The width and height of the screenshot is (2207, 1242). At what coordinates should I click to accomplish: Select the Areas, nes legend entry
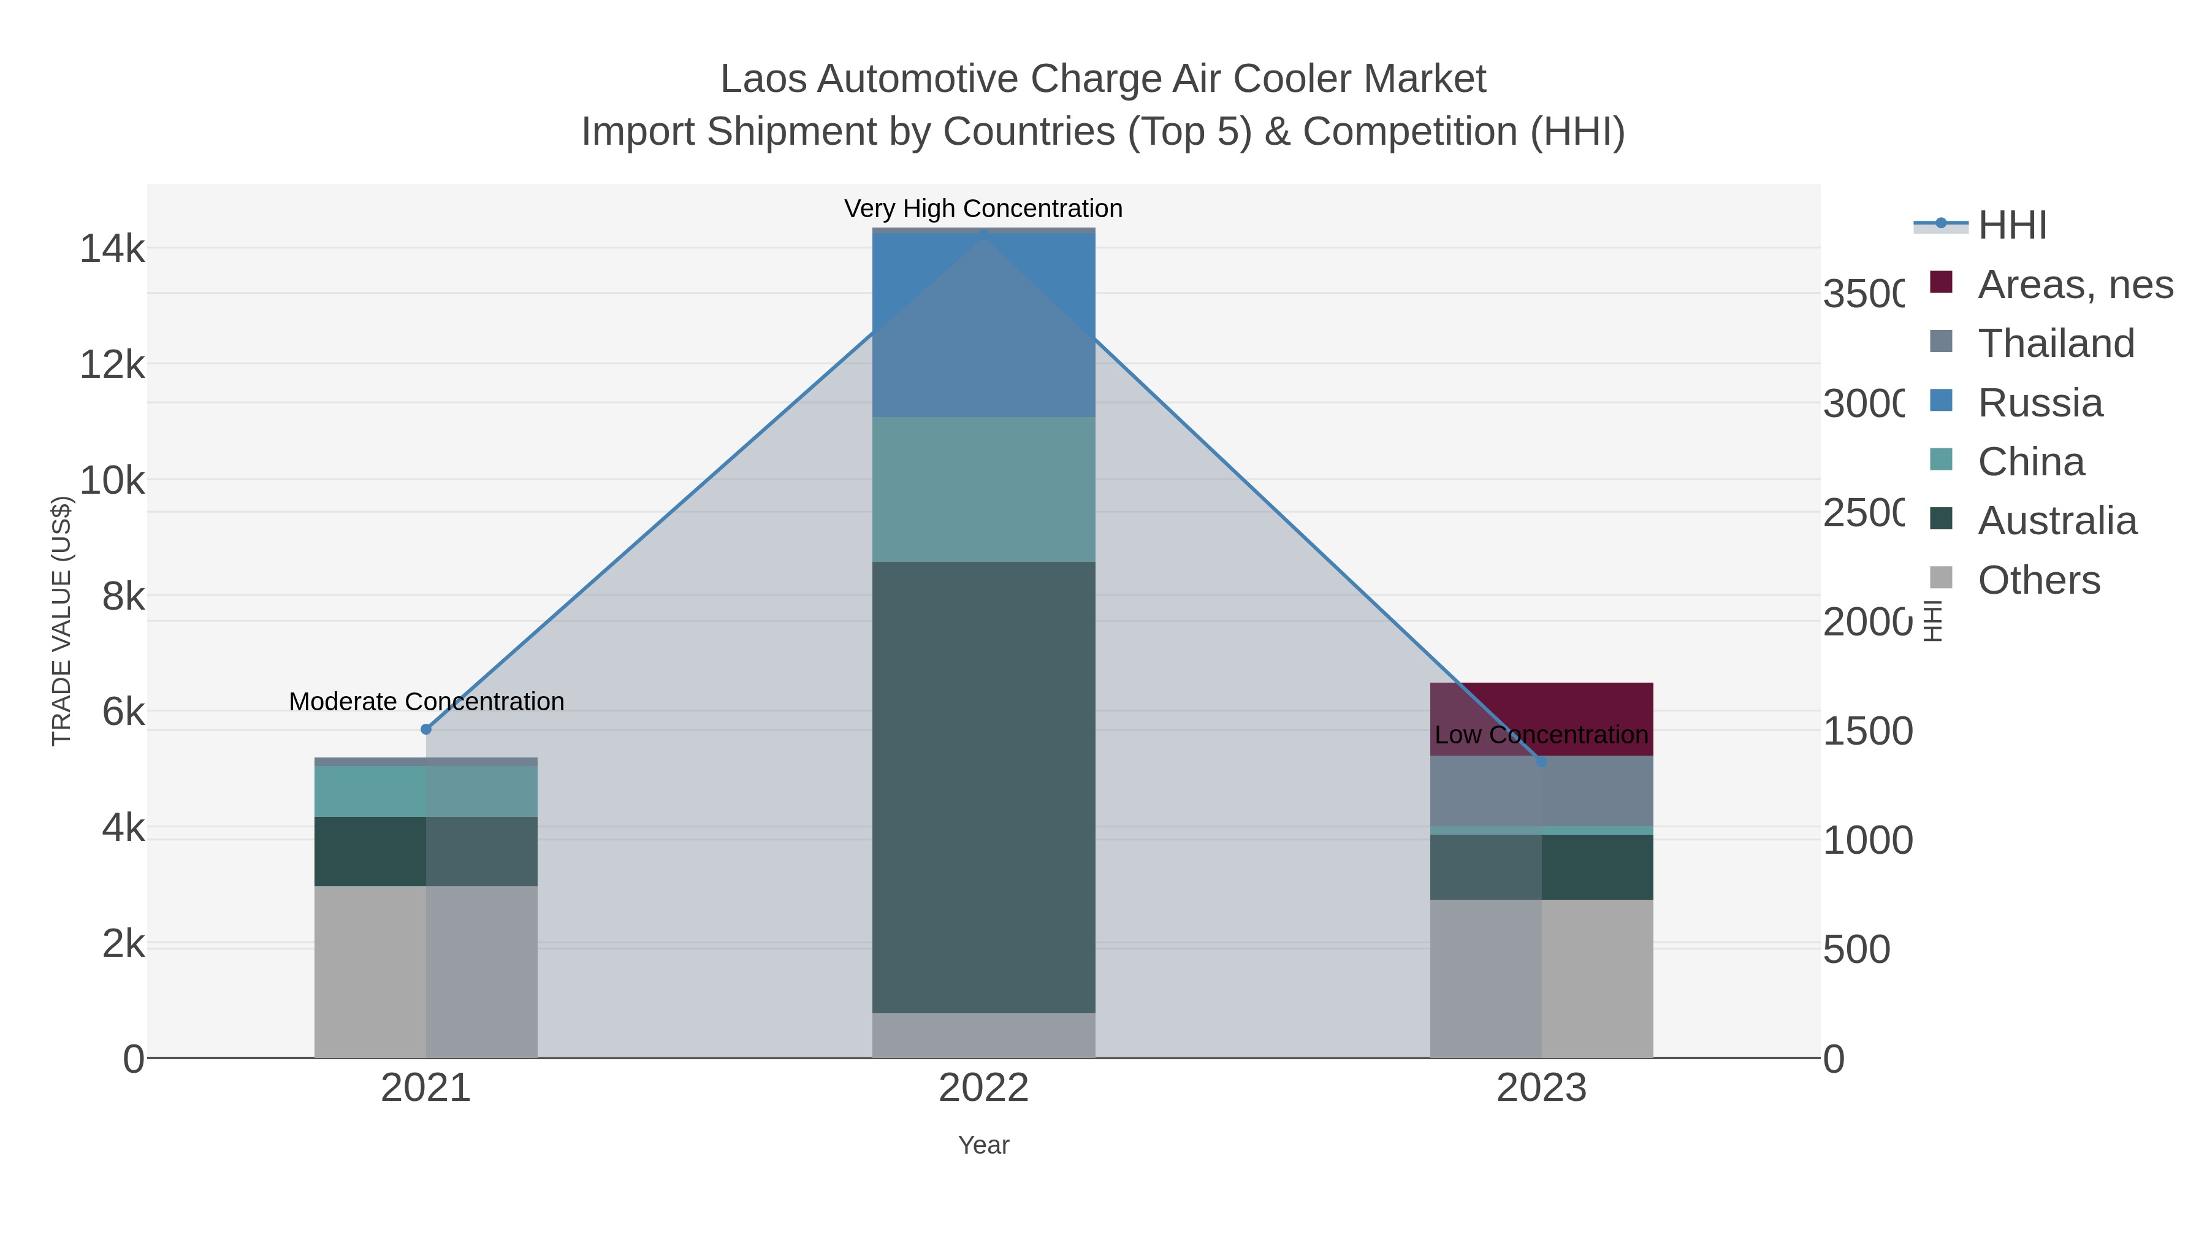click(x=2074, y=285)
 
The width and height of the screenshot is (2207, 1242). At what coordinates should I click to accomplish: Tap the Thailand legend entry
click(x=2056, y=343)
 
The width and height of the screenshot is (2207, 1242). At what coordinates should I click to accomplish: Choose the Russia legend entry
click(x=2039, y=403)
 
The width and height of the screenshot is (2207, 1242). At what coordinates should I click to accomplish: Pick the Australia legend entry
click(x=2056, y=521)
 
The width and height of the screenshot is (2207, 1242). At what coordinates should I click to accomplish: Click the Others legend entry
click(x=2038, y=580)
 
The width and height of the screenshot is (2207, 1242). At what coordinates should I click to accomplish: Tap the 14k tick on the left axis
click(x=112, y=250)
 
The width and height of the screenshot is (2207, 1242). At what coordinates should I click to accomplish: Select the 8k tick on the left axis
click(x=123, y=597)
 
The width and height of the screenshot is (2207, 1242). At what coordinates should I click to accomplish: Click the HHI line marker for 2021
click(x=426, y=729)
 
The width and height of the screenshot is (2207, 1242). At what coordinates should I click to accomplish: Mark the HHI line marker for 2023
click(x=1541, y=761)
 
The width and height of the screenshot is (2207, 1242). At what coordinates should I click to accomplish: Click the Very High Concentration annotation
click(x=983, y=209)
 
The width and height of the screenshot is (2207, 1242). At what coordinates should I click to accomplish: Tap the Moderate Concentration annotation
click(x=427, y=702)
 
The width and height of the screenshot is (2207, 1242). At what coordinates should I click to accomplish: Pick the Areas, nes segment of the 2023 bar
click(x=1541, y=707)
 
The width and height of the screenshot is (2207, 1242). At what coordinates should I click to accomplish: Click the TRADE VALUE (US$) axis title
click(x=62, y=621)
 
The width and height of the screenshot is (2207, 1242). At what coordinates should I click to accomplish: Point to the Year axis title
click(x=983, y=1145)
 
